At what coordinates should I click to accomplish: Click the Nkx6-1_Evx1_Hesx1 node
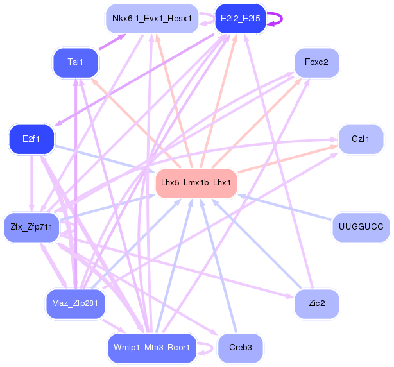151,18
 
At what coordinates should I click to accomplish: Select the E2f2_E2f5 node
240,19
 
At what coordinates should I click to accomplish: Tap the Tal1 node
75,62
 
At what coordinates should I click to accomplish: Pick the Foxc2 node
316,62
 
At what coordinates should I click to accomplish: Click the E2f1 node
31,139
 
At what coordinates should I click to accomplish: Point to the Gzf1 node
361,139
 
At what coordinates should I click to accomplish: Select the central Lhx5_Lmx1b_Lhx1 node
196,182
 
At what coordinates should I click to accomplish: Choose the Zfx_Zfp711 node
31,226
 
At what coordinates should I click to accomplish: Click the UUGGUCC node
361,226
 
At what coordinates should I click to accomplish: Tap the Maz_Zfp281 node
76,303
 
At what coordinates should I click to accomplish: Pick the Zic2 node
316,303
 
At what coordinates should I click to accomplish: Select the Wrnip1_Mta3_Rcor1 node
151,347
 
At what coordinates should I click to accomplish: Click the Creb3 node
240,347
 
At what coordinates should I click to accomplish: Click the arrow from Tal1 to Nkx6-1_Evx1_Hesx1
112,41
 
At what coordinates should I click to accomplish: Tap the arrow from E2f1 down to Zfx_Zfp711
31,183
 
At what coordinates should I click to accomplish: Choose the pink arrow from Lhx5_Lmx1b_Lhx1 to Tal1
135,121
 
